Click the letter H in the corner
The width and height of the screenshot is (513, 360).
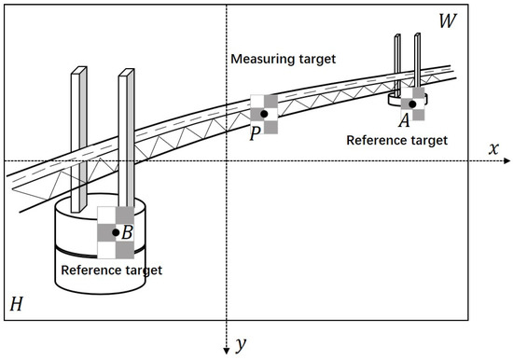tap(17, 303)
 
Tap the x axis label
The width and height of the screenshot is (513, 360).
tap(495, 148)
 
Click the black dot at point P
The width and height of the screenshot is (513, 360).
tap(264, 114)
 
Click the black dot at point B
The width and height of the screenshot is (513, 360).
tap(116, 232)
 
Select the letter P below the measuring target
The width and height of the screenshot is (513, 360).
tap(254, 132)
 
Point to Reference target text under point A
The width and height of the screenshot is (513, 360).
tap(396, 140)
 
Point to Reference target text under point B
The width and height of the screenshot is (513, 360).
tap(111, 270)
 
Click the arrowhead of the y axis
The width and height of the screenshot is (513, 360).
tap(225, 349)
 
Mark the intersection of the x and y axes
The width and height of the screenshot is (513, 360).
tap(225, 161)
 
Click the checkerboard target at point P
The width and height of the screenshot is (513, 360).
tap(264, 114)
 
